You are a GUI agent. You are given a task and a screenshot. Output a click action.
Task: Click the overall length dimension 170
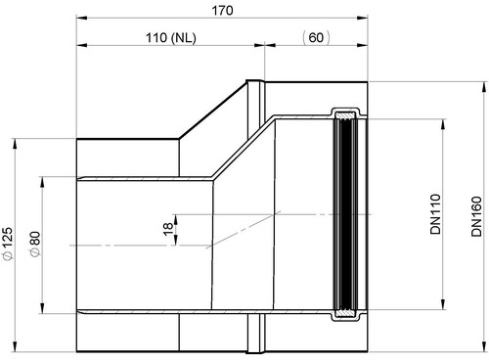pyautogui.click(x=223, y=11)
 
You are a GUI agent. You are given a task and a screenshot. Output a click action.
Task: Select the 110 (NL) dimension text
pyautogui.click(x=171, y=38)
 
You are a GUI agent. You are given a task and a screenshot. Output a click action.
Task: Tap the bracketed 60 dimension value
pyautogui.click(x=316, y=37)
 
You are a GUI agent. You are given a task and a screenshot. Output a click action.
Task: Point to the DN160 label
pyautogui.click(x=476, y=216)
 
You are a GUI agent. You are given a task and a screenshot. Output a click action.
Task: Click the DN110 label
pyautogui.click(x=435, y=214)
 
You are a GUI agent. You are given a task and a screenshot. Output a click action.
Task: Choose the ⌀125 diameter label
pyautogui.click(x=8, y=244)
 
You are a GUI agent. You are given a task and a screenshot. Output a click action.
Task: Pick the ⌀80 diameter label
pyautogui.click(x=35, y=245)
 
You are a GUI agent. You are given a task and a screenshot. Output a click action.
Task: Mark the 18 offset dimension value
pyautogui.click(x=167, y=229)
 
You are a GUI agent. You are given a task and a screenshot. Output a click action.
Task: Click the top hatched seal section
pyautogui.click(x=346, y=115)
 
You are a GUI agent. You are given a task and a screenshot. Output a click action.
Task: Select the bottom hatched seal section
pyautogui.click(x=346, y=312)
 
